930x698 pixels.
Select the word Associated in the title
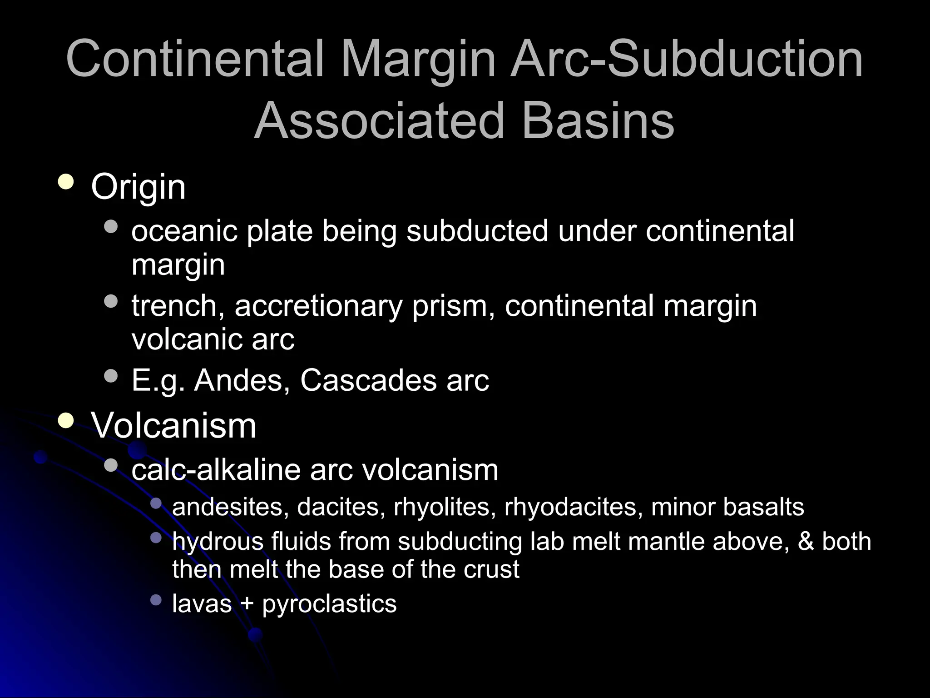coord(379,121)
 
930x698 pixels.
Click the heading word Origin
coord(138,187)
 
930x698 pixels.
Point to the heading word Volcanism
coord(173,426)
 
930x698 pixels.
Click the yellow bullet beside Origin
coord(66,182)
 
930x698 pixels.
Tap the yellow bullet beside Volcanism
coord(66,421)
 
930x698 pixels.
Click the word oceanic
coord(184,231)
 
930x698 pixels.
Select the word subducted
coord(477,231)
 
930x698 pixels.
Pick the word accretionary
coord(318,305)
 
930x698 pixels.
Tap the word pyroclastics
coord(329,604)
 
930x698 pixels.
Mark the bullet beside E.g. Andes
coord(110,376)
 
